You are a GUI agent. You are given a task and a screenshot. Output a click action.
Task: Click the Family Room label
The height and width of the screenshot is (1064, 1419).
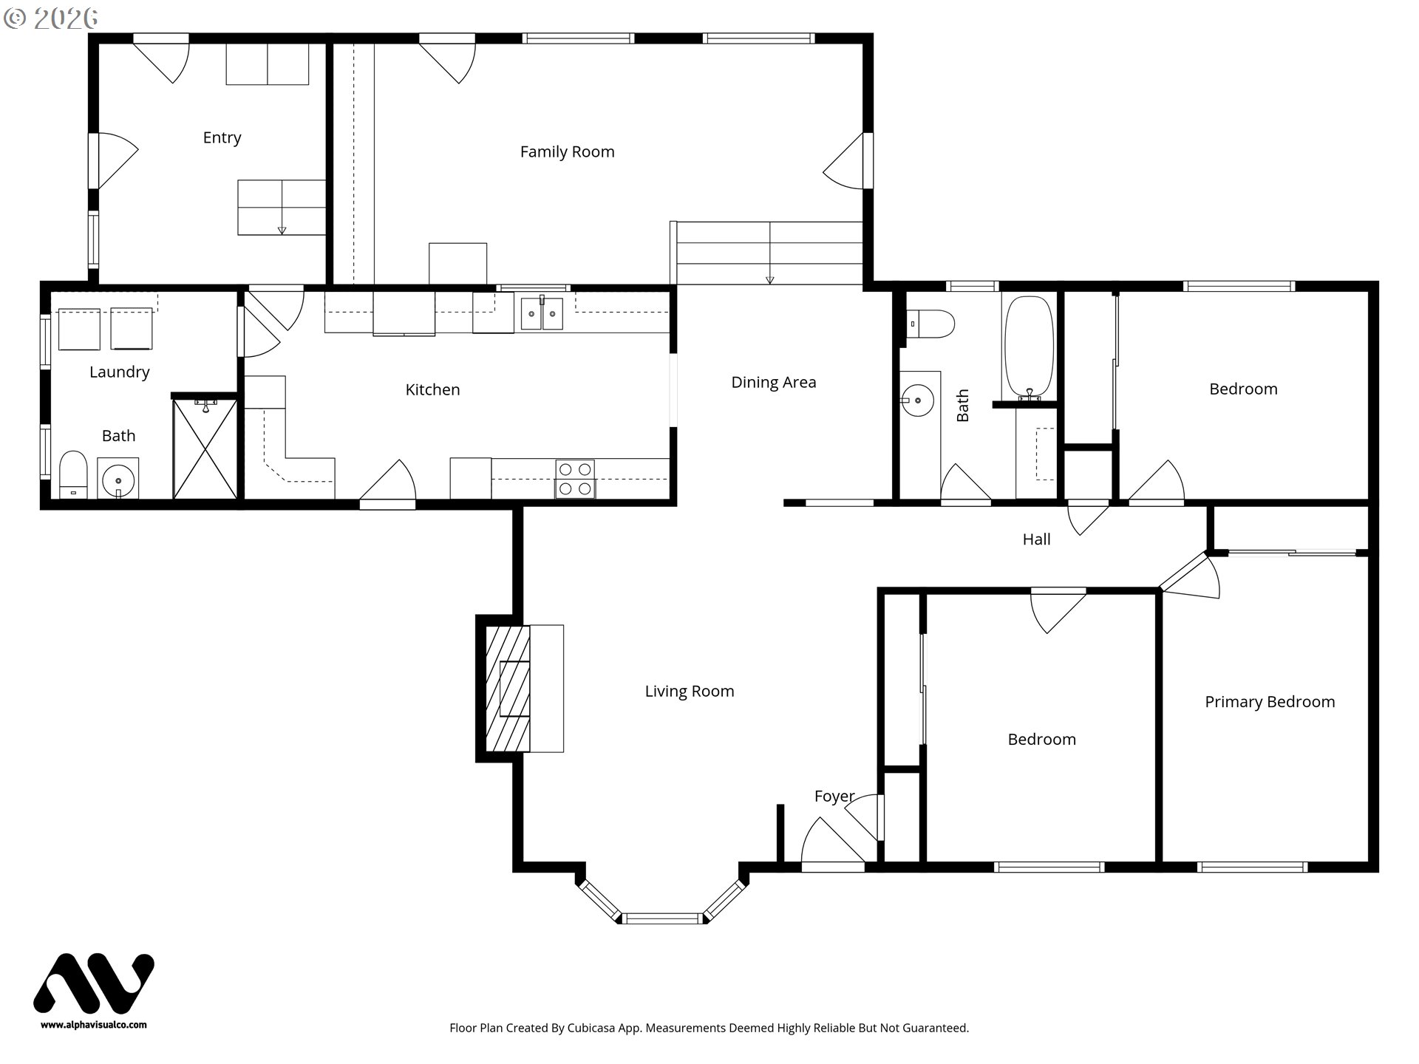click(x=567, y=151)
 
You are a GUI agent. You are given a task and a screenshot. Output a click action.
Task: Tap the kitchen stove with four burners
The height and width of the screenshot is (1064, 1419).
click(x=575, y=479)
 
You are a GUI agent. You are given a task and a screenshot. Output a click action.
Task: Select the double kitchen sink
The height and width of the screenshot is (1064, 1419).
click(x=542, y=313)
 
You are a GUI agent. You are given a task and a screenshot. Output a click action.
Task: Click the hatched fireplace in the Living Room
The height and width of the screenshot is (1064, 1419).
click(x=508, y=689)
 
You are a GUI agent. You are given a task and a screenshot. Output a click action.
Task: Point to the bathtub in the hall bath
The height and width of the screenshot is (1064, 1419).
click(x=1029, y=348)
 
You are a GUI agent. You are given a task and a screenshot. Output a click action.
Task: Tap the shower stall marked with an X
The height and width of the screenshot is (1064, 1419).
click(x=205, y=449)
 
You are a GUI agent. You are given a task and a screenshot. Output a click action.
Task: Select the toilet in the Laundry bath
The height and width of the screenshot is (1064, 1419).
click(x=72, y=474)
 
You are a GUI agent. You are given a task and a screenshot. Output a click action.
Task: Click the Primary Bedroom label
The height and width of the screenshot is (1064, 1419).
click(x=1270, y=702)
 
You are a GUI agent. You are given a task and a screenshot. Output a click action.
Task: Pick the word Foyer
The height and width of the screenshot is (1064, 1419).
click(x=834, y=797)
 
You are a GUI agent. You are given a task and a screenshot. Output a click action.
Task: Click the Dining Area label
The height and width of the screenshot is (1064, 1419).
click(x=773, y=382)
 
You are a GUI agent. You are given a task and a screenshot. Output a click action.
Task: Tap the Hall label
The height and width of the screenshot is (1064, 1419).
click(x=1036, y=539)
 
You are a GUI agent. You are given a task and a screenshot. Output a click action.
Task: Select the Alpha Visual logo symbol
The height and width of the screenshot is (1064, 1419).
click(x=94, y=983)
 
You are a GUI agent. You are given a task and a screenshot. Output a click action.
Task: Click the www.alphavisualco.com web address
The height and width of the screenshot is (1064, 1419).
click(x=94, y=1025)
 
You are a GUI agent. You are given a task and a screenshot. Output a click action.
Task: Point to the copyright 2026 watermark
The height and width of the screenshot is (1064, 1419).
click(x=50, y=18)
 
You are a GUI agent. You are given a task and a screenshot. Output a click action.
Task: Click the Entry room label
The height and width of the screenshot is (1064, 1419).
click(x=222, y=137)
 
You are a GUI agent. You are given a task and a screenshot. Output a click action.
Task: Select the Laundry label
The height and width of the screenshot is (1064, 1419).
click(x=119, y=372)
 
